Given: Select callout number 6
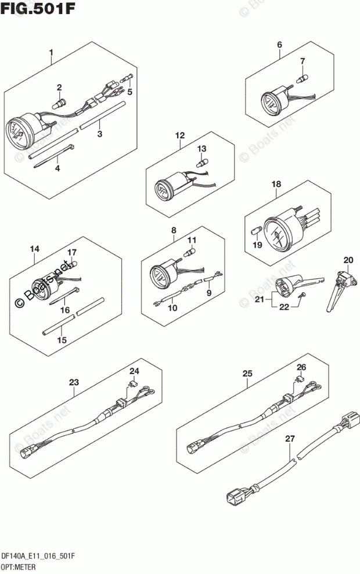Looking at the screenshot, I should [x=279, y=45].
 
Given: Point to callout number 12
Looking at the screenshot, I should [x=180, y=136].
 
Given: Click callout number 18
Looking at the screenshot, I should [x=276, y=184].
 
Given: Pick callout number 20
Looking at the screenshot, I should [x=348, y=259].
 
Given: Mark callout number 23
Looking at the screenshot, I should [x=74, y=382].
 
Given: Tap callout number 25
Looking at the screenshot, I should [x=247, y=374].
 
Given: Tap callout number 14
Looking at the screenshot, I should [x=35, y=249].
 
